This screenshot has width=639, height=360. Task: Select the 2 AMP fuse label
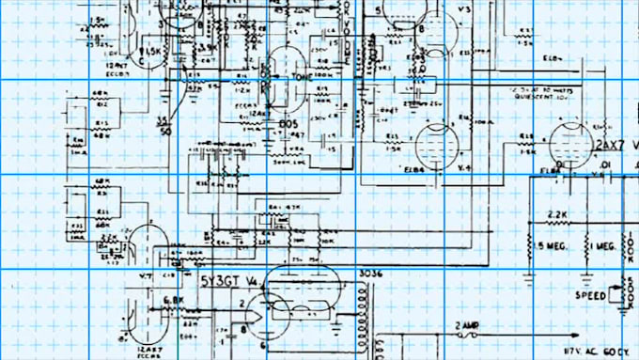467,324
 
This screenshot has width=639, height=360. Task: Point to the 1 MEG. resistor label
604,245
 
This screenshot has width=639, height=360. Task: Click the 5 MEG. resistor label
554,245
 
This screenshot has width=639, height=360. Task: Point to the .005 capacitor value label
288,123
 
